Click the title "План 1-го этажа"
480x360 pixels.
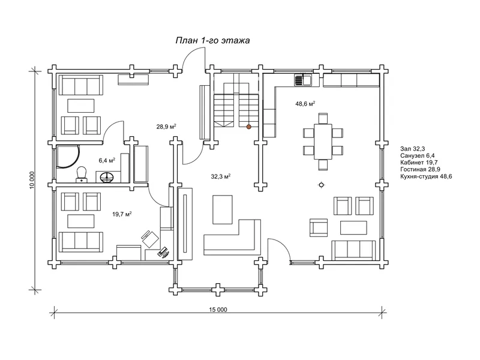coord(212,40)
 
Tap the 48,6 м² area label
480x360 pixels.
coord(305,104)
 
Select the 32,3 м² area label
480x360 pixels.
coord(220,176)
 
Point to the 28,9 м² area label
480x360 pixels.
coord(166,127)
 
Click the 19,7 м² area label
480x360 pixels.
coord(122,214)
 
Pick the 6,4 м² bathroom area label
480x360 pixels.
coord(107,160)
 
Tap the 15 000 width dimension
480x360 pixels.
coord(218,310)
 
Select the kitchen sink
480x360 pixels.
coord(303,80)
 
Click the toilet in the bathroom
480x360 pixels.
coord(81,175)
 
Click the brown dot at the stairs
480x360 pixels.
coord(249,127)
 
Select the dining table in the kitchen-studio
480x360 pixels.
coord(323,142)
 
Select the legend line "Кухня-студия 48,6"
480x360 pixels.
coord(426,176)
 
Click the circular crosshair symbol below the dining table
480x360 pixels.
coord(322,185)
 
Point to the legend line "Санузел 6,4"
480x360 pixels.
coord(417,156)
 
